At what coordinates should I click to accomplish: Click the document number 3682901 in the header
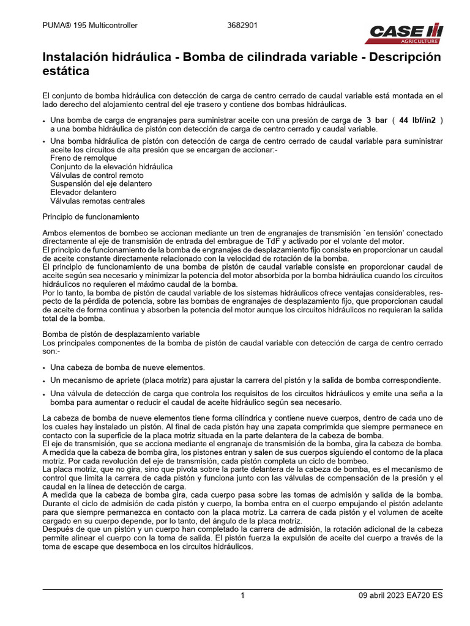coord(242,26)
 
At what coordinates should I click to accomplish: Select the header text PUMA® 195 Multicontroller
coord(90,26)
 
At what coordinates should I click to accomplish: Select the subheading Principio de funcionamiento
coord(91,217)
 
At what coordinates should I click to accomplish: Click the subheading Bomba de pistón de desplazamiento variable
coord(121,334)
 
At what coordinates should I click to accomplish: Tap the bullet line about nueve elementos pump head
coord(127,367)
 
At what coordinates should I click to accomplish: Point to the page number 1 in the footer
coord(242,595)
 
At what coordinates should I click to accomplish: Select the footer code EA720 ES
coord(427,595)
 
